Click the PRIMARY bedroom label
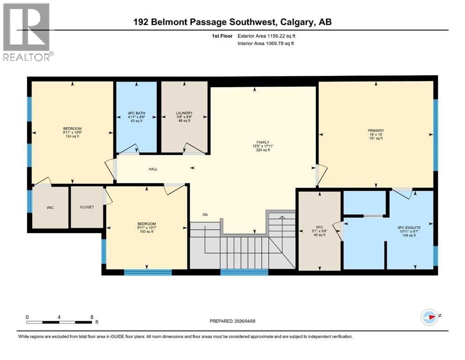tap(376, 131)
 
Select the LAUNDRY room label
tap(184, 113)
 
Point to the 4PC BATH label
tap(136, 113)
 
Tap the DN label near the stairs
tap(205, 215)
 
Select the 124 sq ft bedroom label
tap(73, 129)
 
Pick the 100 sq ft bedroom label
tap(147, 224)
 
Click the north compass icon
tap(429, 317)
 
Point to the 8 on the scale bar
tap(90, 316)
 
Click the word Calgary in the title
tap(300, 22)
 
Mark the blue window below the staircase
tap(244, 271)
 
